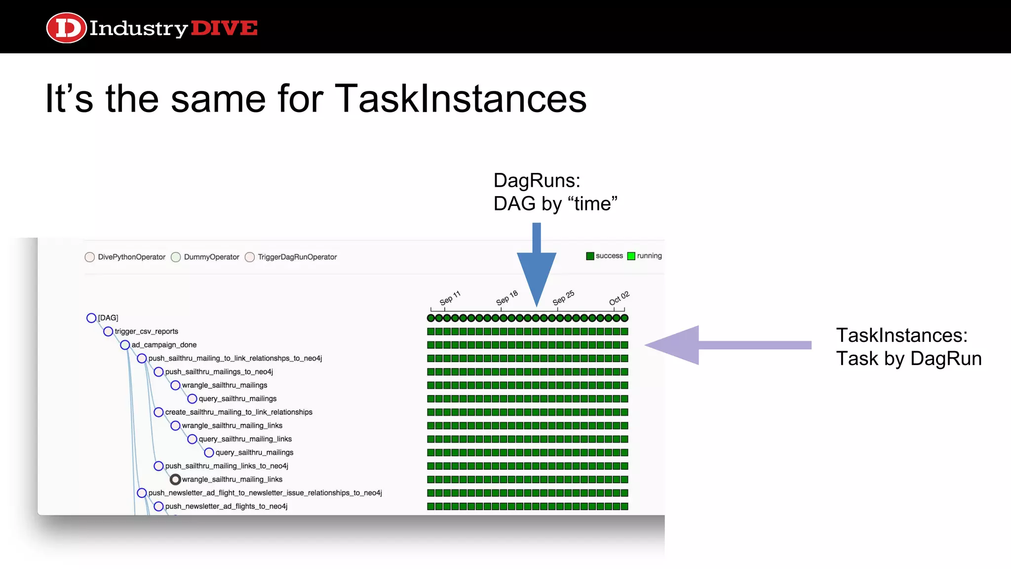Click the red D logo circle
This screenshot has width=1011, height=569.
(x=66, y=28)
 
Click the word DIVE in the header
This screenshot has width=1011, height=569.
(x=224, y=28)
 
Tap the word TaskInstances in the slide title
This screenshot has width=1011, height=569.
(x=460, y=99)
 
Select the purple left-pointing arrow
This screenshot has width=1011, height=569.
(x=728, y=345)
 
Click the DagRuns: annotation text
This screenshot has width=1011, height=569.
(x=537, y=181)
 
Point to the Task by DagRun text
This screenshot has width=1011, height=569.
(x=908, y=359)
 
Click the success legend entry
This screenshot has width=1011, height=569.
(x=605, y=256)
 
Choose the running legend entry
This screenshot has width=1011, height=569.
(x=645, y=256)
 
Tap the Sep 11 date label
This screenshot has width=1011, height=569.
(x=450, y=298)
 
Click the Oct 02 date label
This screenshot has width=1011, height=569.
(x=619, y=298)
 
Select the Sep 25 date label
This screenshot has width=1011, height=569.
(x=563, y=298)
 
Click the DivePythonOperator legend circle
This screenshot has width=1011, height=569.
(x=89, y=257)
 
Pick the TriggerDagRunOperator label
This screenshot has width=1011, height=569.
(x=297, y=257)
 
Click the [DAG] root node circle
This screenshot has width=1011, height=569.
(x=91, y=318)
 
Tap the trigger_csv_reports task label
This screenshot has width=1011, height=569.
(x=146, y=331)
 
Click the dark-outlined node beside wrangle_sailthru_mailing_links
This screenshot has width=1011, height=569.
(x=175, y=480)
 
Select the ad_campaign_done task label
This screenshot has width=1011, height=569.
(x=164, y=345)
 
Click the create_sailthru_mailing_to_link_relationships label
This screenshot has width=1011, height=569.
(x=238, y=412)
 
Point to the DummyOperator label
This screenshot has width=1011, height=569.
(x=211, y=257)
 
